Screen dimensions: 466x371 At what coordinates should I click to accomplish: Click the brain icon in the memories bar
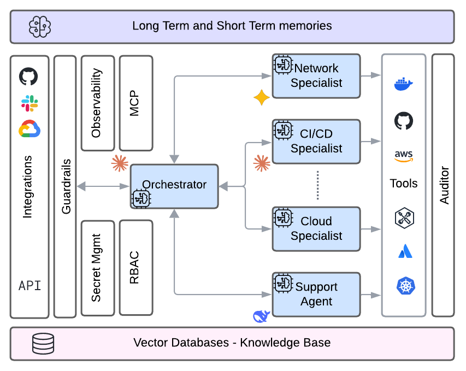coord(40,27)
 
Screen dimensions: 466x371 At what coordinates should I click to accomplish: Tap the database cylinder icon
coord(43,343)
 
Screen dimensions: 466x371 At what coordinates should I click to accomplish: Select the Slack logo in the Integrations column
coord(30,103)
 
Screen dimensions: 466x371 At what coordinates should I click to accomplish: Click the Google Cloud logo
coord(30,129)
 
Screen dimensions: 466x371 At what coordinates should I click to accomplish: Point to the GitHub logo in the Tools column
coord(404,121)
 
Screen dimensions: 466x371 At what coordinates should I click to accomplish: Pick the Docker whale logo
coord(404,84)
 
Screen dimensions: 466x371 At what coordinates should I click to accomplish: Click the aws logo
coord(404,156)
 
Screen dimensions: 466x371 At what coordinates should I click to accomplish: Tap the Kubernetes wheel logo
coord(406,286)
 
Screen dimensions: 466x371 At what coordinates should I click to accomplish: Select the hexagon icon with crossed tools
coord(404,218)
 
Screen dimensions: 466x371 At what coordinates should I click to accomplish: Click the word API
coord(30,286)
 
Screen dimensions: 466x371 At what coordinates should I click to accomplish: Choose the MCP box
coord(136,103)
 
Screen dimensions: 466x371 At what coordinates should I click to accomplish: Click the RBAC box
coord(136,268)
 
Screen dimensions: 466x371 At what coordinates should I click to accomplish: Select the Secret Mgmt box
coord(98,268)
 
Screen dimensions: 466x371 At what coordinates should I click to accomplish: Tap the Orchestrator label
coord(174,185)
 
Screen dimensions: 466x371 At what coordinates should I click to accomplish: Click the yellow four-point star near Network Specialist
coord(262,97)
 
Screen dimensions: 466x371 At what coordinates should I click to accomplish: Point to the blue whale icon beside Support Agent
coord(261,316)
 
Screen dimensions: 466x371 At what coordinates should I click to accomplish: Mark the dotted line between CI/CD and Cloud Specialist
coord(318,185)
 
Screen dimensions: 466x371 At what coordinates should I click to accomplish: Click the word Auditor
coord(444,185)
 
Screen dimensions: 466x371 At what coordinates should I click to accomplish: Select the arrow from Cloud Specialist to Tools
coord(371,229)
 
